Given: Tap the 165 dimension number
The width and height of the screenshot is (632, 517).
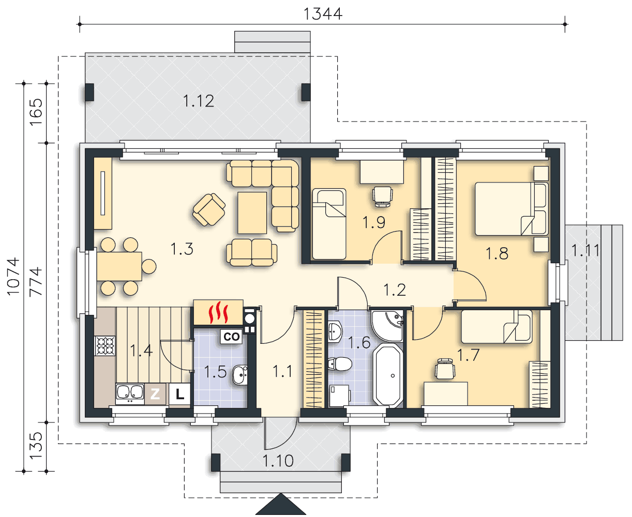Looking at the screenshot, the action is tap(36, 112).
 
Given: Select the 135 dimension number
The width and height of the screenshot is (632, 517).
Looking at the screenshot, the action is tap(36, 446).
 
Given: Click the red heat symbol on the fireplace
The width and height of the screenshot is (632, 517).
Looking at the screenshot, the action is tap(218, 313).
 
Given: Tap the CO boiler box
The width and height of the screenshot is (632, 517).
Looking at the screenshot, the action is tap(231, 337).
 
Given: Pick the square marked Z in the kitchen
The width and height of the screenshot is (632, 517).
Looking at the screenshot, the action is tap(155, 394).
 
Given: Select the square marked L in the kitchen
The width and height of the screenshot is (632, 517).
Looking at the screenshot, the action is tap(179, 394).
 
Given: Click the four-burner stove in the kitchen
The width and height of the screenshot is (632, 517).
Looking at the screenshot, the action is tap(105, 346).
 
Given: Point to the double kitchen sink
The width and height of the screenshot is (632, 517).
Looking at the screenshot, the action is tap(130, 393).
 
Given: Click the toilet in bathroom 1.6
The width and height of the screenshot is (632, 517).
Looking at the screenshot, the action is tap(340, 364).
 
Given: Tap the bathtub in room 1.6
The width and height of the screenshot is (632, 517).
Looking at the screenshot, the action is tap(388, 375).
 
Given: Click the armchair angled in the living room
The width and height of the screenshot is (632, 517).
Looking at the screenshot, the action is tap(209, 209).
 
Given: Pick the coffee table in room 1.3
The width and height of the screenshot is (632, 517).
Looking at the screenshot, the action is tap(252, 212).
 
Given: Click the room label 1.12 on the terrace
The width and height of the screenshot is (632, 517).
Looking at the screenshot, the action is tap(199, 101).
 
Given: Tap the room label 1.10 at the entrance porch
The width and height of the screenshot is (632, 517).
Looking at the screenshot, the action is tap(278, 461).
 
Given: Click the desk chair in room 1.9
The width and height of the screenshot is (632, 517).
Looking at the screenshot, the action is tap(382, 196).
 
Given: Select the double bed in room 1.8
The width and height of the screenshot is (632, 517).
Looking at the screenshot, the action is tap(511, 209).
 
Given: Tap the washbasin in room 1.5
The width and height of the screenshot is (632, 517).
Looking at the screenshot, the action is tap(240, 375).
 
